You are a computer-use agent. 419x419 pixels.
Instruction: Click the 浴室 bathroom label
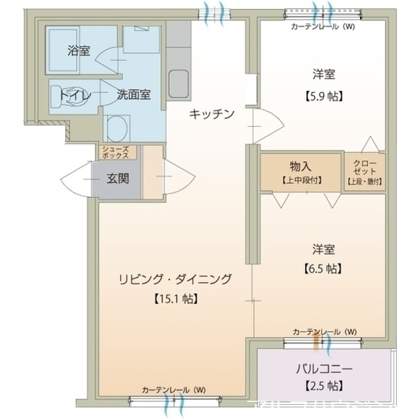(79, 50)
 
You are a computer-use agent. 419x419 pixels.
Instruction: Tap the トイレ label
(73, 94)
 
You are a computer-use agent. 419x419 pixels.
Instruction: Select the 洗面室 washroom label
(134, 94)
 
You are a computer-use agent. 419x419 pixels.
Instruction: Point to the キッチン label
(211, 115)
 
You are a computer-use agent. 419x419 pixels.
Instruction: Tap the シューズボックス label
(118, 153)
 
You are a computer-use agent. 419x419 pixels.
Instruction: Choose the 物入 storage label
(302, 166)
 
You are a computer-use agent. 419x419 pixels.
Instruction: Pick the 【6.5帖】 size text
(324, 268)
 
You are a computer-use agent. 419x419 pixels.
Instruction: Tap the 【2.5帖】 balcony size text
(323, 386)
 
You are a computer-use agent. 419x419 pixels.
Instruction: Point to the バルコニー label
(323, 368)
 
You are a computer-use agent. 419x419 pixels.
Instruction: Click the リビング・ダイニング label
(175, 280)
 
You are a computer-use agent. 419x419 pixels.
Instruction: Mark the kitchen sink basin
(178, 83)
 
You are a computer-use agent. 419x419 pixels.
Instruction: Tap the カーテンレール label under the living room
(173, 390)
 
